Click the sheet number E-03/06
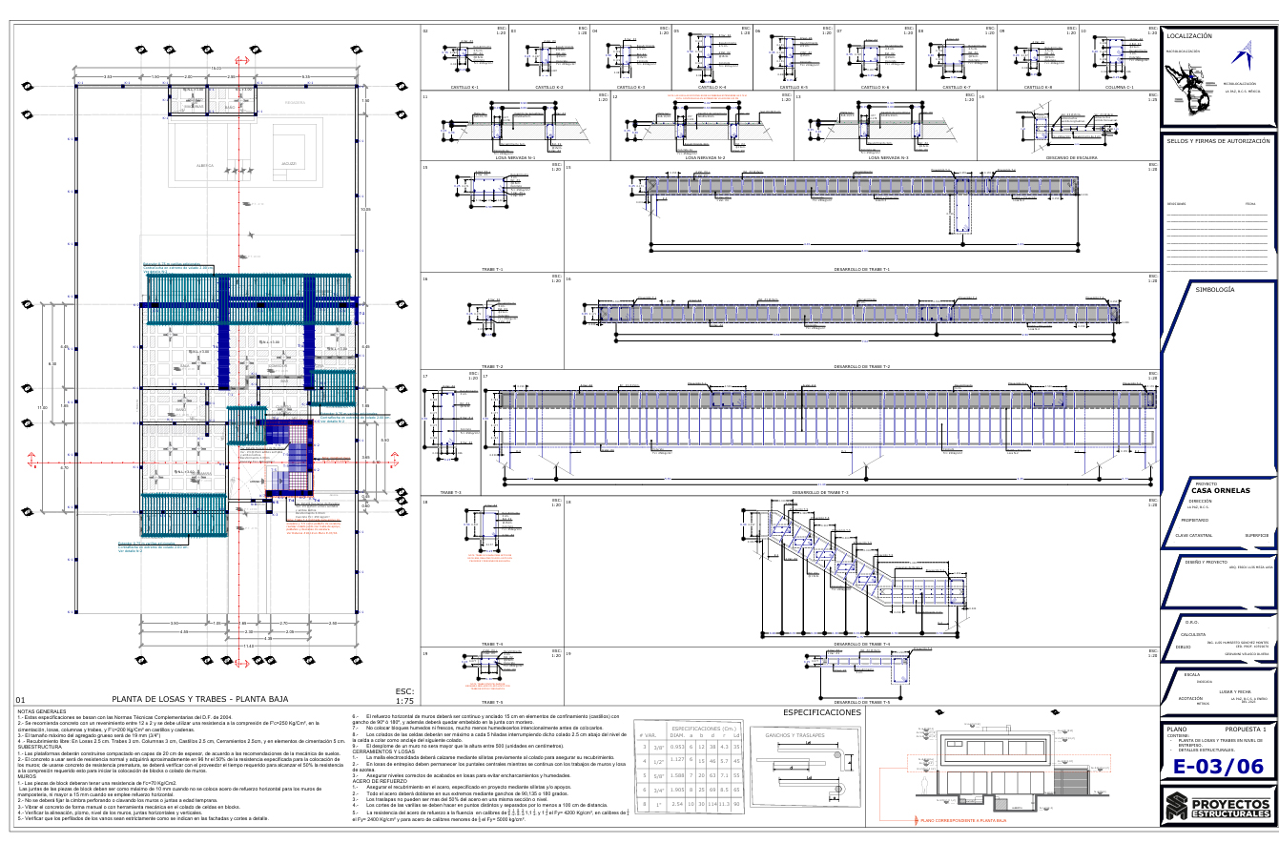[1217, 766]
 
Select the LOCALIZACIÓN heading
[1188, 35]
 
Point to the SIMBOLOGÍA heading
[1215, 289]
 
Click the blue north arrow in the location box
[1243, 51]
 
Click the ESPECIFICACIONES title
[821, 712]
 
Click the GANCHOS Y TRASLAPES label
[794, 735]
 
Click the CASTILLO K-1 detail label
[464, 87]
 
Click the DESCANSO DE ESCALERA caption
[1072, 157]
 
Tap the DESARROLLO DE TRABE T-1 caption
[861, 269]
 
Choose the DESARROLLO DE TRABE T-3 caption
[820, 492]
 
